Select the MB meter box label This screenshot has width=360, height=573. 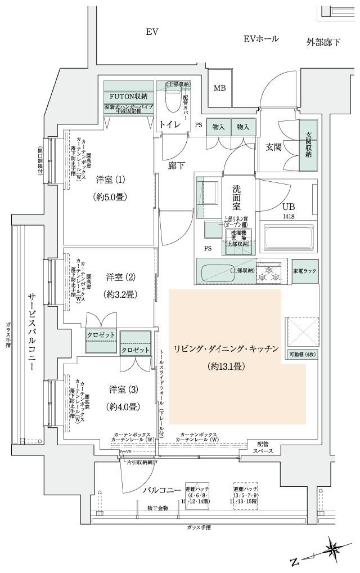pos(219,88)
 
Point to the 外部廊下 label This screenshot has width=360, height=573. pos(323,42)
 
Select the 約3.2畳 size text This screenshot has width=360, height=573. pos(121,294)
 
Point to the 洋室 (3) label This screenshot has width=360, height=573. pos(122,389)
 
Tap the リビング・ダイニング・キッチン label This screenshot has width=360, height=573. pos(227,349)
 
